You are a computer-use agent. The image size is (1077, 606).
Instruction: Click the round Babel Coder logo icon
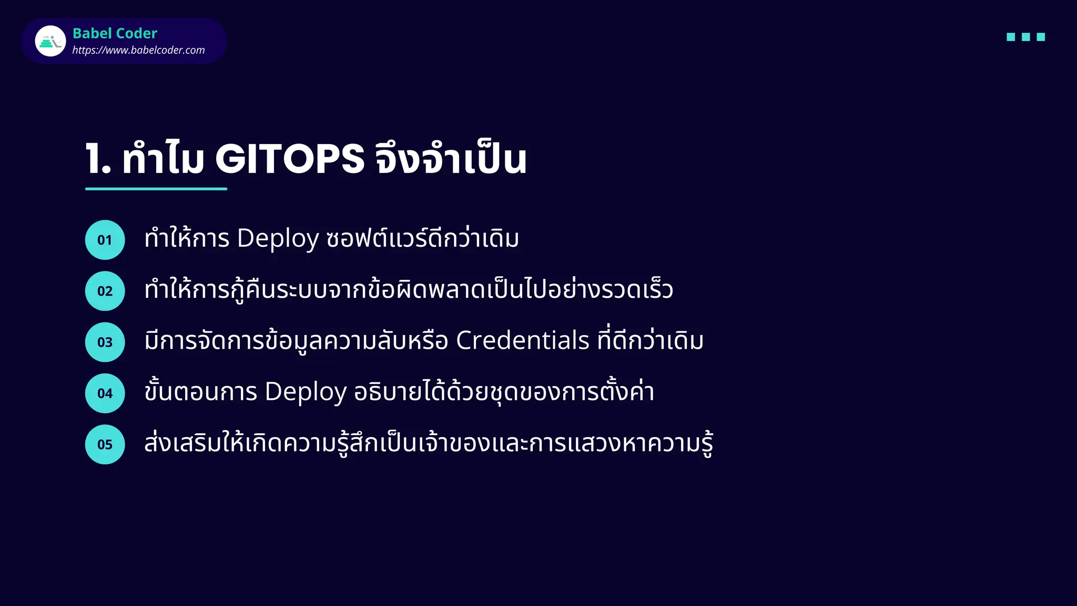coord(50,41)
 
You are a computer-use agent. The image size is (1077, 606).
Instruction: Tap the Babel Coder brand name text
coord(115,33)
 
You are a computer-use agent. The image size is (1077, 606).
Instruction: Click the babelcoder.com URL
coord(138,50)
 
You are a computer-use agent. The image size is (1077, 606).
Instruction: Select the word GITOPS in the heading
coord(290,158)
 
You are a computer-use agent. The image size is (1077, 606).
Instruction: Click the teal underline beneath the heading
coord(156,188)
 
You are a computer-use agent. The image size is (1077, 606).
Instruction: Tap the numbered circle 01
coord(105,240)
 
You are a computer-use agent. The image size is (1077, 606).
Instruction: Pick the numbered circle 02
coord(105,291)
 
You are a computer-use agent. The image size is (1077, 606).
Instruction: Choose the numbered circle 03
coord(105,342)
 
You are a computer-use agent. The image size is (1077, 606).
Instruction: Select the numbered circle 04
coord(105,393)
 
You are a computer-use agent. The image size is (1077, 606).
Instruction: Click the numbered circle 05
coord(105,444)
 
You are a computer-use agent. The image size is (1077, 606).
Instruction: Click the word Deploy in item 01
coord(278,239)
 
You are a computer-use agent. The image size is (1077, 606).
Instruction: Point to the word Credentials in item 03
coord(522,341)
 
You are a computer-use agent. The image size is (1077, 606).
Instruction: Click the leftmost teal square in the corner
coord(1011,37)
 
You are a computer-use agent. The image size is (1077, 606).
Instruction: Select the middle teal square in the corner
coord(1025,37)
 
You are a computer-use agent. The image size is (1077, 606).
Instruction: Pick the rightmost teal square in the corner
coord(1041,37)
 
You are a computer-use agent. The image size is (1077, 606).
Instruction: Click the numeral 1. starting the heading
coord(98,158)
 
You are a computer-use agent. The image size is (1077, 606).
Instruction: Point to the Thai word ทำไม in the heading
coord(163,158)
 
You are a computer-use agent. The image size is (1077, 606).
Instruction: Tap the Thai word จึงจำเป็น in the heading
coord(451,158)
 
